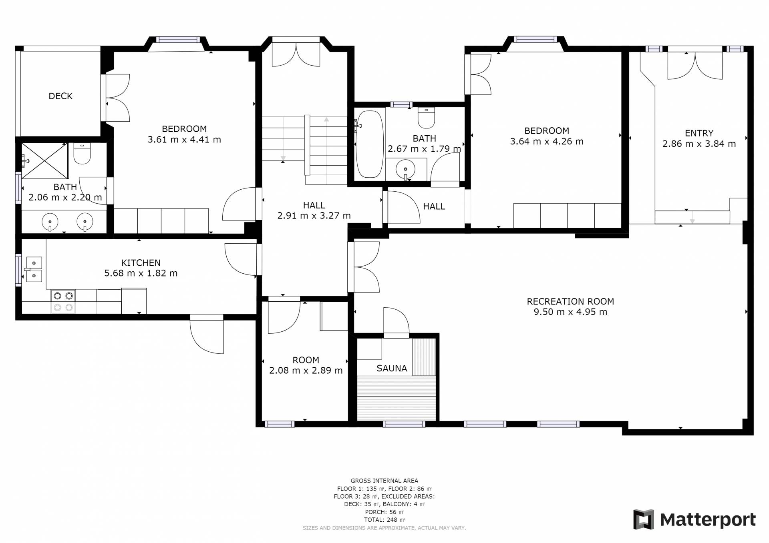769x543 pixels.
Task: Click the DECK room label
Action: pyautogui.click(x=60, y=96)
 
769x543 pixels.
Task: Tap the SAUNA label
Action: pyautogui.click(x=392, y=368)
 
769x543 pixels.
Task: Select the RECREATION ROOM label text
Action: pyautogui.click(x=570, y=301)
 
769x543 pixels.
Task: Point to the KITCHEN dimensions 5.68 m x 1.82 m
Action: pyautogui.click(x=141, y=273)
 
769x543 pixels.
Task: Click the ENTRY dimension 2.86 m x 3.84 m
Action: pyautogui.click(x=699, y=144)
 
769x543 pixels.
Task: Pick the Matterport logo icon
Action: pyautogui.click(x=644, y=519)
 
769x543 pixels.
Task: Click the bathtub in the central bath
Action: pyautogui.click(x=370, y=144)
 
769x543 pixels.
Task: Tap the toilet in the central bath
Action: pyautogui.click(x=426, y=117)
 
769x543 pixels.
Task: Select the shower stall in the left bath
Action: pyautogui.click(x=44, y=161)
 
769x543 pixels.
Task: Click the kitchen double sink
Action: pyautogui.click(x=34, y=269)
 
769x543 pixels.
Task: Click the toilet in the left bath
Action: pyautogui.click(x=82, y=154)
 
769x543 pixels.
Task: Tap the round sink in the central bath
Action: pyautogui.click(x=405, y=169)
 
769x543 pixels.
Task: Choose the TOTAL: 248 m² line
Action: pyautogui.click(x=384, y=520)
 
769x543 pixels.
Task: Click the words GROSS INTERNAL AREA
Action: pyautogui.click(x=384, y=481)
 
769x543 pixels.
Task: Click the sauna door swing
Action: pyautogui.click(x=396, y=321)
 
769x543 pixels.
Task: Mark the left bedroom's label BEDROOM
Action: pyautogui.click(x=184, y=129)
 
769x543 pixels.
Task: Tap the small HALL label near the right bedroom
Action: pyautogui.click(x=434, y=206)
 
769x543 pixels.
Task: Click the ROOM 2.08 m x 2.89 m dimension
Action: pyautogui.click(x=306, y=371)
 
